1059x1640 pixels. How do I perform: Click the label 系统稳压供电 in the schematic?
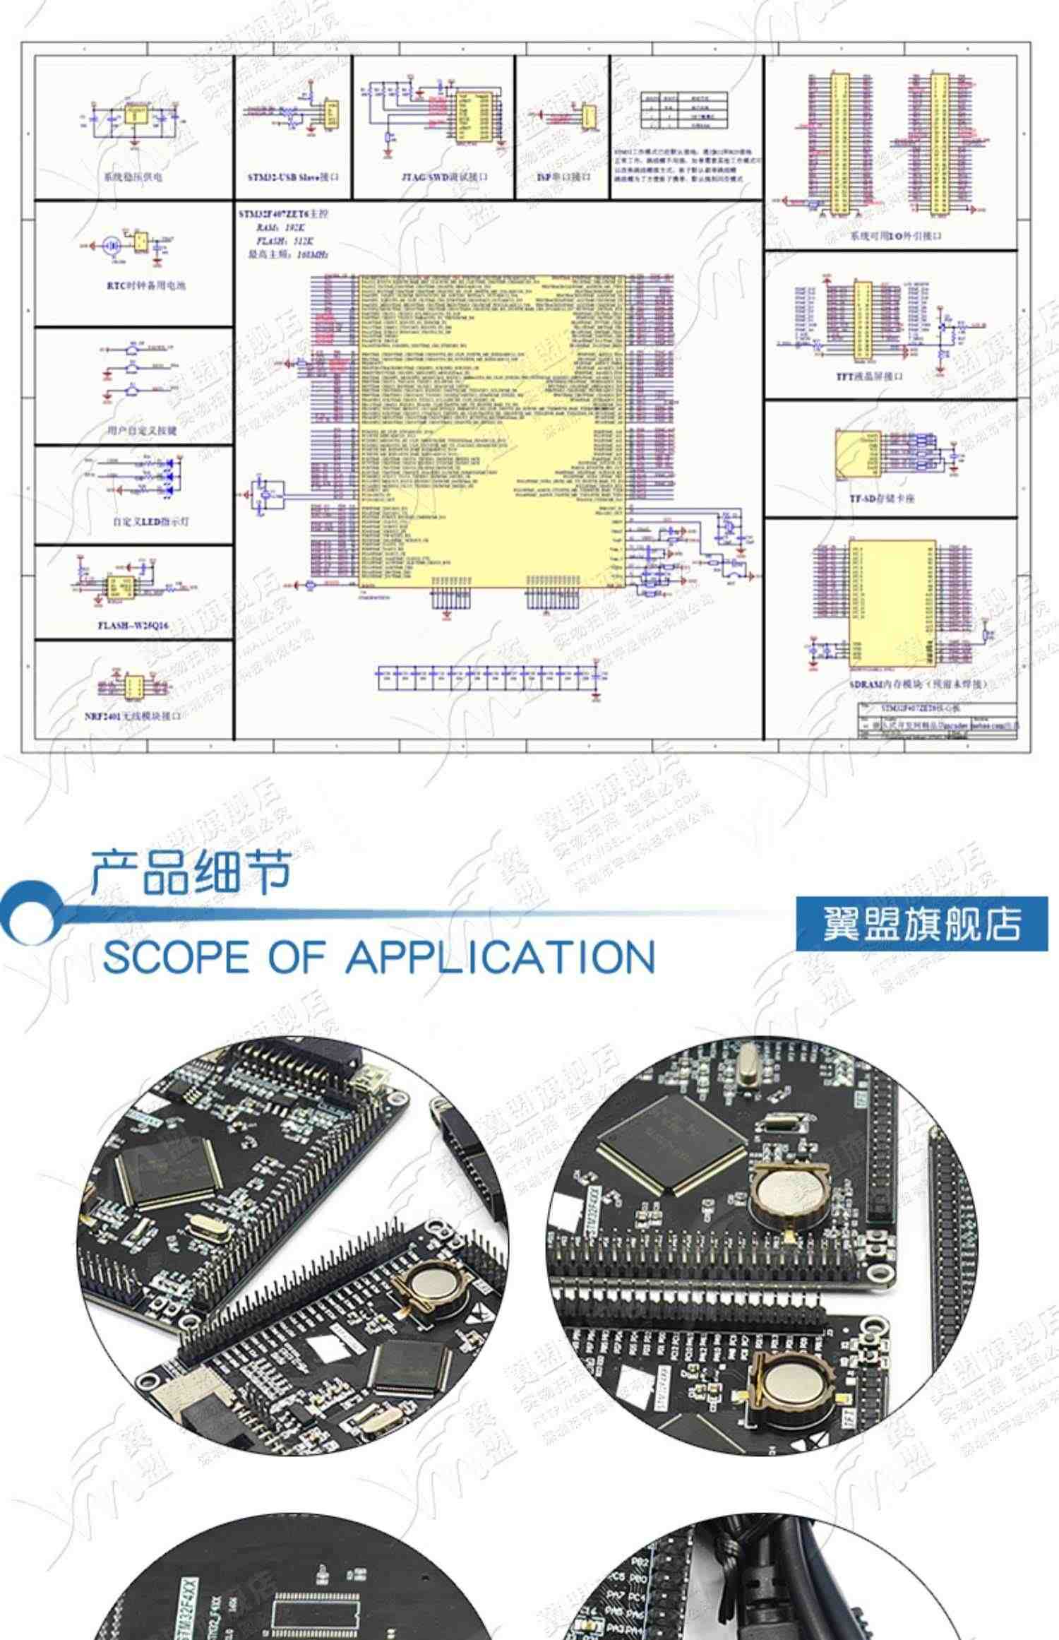(133, 177)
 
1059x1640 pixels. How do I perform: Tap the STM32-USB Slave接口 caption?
(293, 177)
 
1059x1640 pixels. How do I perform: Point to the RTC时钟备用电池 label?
(146, 286)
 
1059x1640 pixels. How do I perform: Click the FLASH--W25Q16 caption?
(133, 625)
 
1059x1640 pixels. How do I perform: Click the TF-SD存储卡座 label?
(882, 499)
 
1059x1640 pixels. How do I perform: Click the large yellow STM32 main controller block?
(492, 431)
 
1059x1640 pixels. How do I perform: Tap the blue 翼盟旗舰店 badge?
(921, 924)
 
